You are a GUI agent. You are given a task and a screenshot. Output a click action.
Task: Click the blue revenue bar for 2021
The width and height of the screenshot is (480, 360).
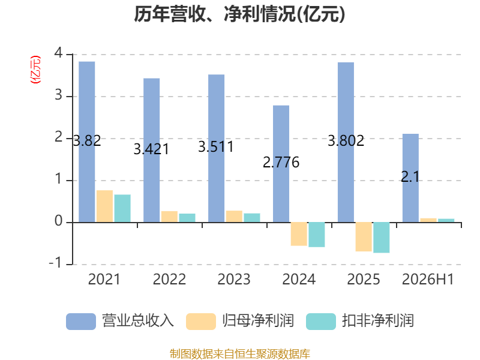click(86, 142)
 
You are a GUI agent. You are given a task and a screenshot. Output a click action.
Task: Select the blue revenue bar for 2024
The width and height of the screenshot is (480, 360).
click(281, 164)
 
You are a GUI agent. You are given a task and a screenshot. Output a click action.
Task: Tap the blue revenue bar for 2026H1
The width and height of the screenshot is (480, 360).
click(410, 178)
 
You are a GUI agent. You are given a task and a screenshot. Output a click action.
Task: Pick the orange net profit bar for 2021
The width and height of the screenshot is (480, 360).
click(104, 206)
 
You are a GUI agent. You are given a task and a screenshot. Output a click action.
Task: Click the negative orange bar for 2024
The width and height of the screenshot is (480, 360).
click(299, 234)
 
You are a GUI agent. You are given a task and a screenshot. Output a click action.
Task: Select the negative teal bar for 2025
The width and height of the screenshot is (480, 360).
click(382, 238)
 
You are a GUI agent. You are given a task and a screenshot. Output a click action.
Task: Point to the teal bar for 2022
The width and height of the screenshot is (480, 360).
click(187, 218)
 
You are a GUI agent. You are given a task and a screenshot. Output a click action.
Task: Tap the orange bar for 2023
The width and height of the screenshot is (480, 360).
click(234, 217)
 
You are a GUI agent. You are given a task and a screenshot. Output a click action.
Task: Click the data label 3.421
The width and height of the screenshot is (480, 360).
click(151, 149)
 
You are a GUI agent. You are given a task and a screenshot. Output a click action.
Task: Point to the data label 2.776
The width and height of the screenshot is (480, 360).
click(281, 162)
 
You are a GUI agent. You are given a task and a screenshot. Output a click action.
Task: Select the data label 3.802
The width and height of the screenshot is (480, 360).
click(346, 141)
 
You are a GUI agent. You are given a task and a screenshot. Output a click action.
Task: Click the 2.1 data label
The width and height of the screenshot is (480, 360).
click(410, 177)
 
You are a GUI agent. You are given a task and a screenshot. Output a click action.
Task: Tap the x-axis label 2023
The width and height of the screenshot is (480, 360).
click(234, 279)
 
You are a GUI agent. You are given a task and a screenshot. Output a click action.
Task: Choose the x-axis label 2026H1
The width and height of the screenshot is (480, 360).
click(428, 279)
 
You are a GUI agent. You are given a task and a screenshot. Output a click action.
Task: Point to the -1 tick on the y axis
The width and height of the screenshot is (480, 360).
click(55, 263)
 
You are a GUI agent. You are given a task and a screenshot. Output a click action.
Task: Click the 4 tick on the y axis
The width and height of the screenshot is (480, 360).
click(58, 53)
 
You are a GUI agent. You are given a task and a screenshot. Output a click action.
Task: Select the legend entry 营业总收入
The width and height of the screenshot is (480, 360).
click(120, 321)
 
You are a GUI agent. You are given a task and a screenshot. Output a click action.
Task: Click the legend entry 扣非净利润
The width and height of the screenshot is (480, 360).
click(360, 321)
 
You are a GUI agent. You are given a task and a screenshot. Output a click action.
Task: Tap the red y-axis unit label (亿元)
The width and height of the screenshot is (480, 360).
click(35, 70)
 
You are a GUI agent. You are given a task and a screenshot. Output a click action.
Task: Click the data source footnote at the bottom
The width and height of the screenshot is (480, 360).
click(240, 354)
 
